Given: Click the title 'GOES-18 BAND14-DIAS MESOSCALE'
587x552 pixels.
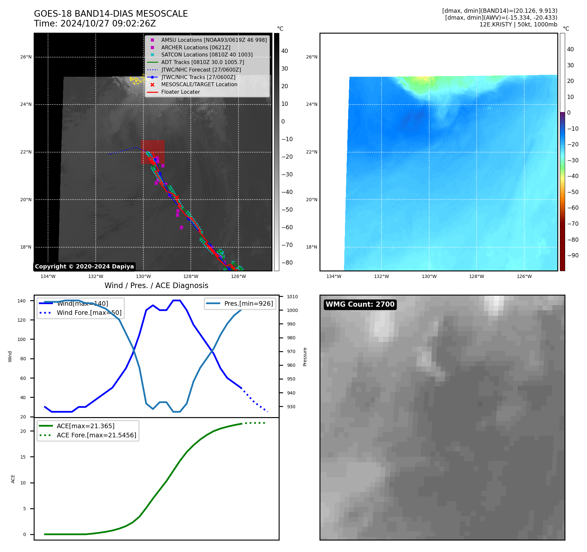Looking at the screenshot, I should click(x=111, y=14).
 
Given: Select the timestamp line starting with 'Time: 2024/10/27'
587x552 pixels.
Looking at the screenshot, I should click(x=95, y=24).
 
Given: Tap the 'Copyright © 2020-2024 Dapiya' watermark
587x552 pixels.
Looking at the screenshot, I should click(x=84, y=267).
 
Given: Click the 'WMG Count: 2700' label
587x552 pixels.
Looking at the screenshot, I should click(x=360, y=304).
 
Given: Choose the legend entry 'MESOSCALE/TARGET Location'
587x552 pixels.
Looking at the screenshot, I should click(x=199, y=85).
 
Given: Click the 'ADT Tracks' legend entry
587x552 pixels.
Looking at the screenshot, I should click(x=202, y=62).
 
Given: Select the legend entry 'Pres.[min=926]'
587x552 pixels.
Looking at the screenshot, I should click(x=248, y=303).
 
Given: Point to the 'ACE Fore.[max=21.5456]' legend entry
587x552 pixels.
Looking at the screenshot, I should click(x=96, y=435).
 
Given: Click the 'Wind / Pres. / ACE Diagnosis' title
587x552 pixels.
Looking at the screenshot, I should click(x=156, y=285).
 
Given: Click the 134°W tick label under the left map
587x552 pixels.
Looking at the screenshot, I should click(x=48, y=277).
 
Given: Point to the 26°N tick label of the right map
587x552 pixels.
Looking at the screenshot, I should click(x=312, y=57).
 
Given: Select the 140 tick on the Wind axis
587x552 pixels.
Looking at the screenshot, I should click(x=22, y=301).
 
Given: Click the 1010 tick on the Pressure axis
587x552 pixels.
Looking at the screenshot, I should click(x=292, y=297).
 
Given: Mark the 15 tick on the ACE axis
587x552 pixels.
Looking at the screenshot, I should click(x=23, y=457).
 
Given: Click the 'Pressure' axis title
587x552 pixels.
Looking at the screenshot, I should click(x=305, y=357).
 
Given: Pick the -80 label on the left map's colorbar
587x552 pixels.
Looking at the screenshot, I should click(x=287, y=263).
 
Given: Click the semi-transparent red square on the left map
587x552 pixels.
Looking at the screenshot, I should click(x=153, y=152).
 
